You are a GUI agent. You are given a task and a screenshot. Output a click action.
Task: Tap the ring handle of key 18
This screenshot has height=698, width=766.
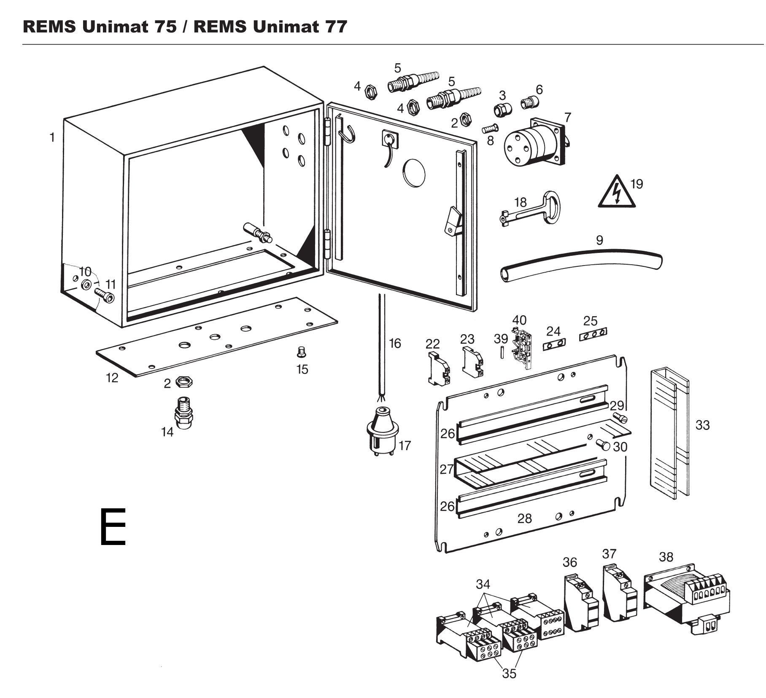pos(552,207)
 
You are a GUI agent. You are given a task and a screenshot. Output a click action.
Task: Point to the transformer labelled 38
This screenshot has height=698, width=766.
pos(686,599)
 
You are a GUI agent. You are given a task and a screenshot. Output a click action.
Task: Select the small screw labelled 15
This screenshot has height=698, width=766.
pos(301,351)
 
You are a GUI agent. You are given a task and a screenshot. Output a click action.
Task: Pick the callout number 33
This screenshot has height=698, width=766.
pos(702,425)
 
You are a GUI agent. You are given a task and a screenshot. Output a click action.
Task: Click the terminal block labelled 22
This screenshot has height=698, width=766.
pos(439,368)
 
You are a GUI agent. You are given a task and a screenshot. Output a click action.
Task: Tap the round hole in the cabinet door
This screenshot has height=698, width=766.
pos(414,173)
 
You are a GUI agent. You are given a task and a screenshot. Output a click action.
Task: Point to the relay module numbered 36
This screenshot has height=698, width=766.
pos(580,604)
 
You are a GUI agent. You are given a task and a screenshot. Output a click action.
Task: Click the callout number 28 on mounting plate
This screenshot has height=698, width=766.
pos(524,518)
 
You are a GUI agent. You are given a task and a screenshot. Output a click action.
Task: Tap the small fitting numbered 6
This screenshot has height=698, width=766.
pos(530,102)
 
